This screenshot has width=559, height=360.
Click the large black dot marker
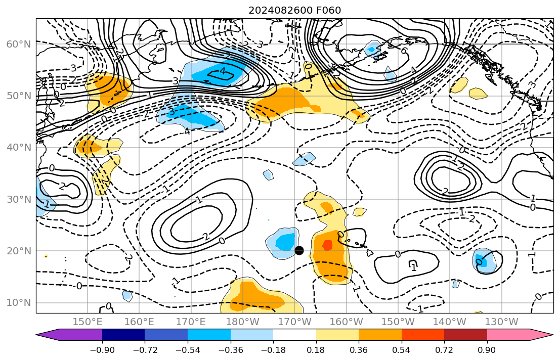(299, 250)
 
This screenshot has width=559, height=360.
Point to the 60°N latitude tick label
(19, 44)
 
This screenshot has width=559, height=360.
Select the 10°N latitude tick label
(19, 303)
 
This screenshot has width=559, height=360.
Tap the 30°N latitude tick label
(19, 199)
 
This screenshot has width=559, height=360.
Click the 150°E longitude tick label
(88, 322)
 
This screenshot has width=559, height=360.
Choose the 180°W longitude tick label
(242, 322)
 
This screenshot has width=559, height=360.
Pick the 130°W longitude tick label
(501, 322)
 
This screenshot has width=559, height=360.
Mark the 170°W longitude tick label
(294, 322)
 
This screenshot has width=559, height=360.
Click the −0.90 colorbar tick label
(102, 350)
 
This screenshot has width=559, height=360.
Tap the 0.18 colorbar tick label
(316, 350)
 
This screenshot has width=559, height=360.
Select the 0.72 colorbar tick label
(444, 350)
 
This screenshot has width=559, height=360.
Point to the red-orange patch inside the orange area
(327, 245)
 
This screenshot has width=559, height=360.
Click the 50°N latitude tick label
(19, 96)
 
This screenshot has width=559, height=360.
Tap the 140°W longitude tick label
(450, 322)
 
